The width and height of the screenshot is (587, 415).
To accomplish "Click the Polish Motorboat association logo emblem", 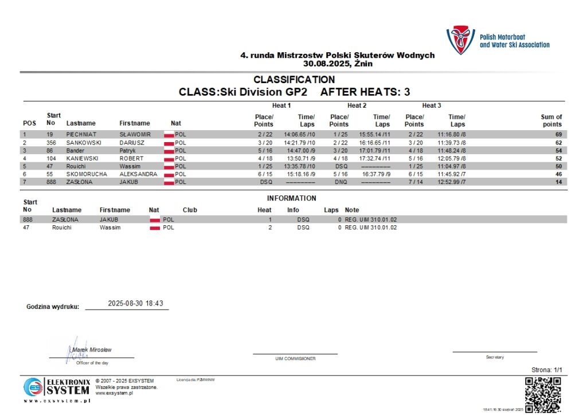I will coord(460,40).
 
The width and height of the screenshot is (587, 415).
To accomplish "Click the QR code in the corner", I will coord(543,395).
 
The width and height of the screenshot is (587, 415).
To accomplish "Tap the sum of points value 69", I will coord(558,134).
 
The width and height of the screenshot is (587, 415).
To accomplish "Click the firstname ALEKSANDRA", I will coord(138,174).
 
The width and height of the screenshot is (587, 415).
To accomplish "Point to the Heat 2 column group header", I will coord(357,105).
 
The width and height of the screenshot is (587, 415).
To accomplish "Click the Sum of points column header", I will coord(551,120).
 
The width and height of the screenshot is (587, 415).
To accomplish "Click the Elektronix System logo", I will coord(57,388).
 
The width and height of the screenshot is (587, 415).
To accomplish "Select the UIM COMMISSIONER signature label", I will coord(296,359).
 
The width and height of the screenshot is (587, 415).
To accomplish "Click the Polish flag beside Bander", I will coord(169,150).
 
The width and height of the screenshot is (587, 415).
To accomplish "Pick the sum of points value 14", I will coord(558,182).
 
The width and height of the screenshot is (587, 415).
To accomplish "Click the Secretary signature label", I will coord(495,357).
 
